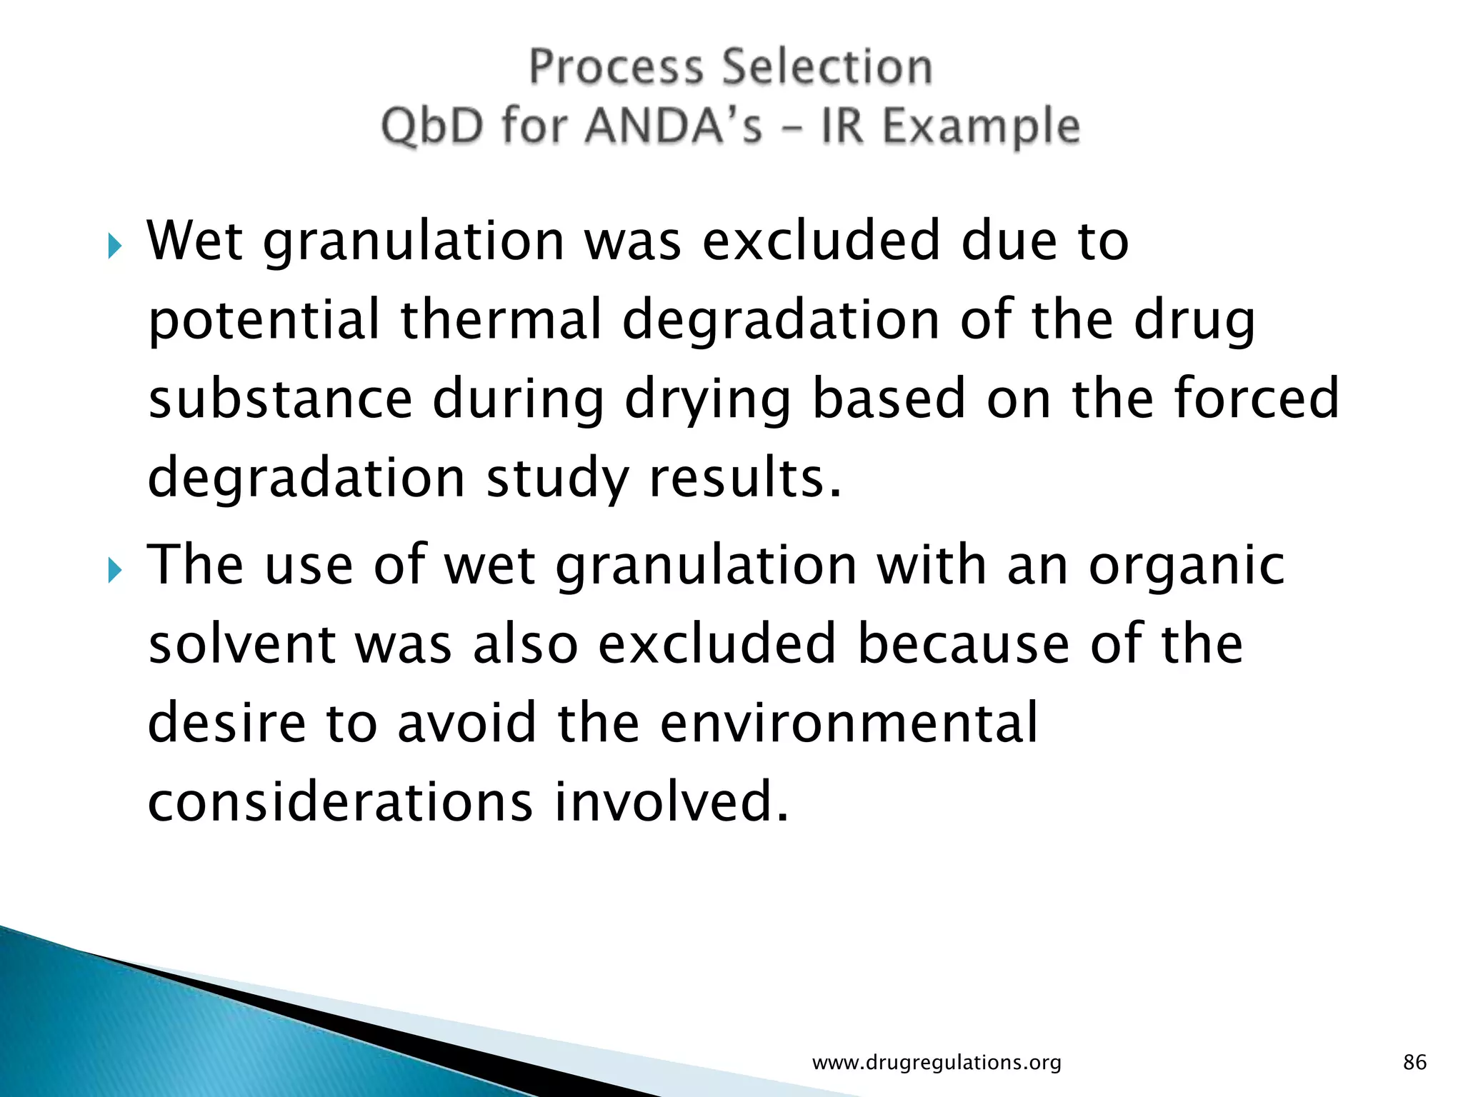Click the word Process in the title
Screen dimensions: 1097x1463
[x=616, y=68]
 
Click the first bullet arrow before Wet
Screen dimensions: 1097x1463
[x=115, y=247]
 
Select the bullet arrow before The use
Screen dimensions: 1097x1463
[x=115, y=571]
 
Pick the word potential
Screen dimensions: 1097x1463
[x=264, y=320]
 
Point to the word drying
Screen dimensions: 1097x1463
[x=708, y=400]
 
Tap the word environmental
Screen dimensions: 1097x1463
[x=849, y=722]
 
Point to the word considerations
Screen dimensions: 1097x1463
[x=340, y=801]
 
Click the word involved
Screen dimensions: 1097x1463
[x=671, y=801]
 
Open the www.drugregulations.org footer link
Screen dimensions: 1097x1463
[x=937, y=1063]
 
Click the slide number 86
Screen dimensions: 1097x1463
[x=1414, y=1063]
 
